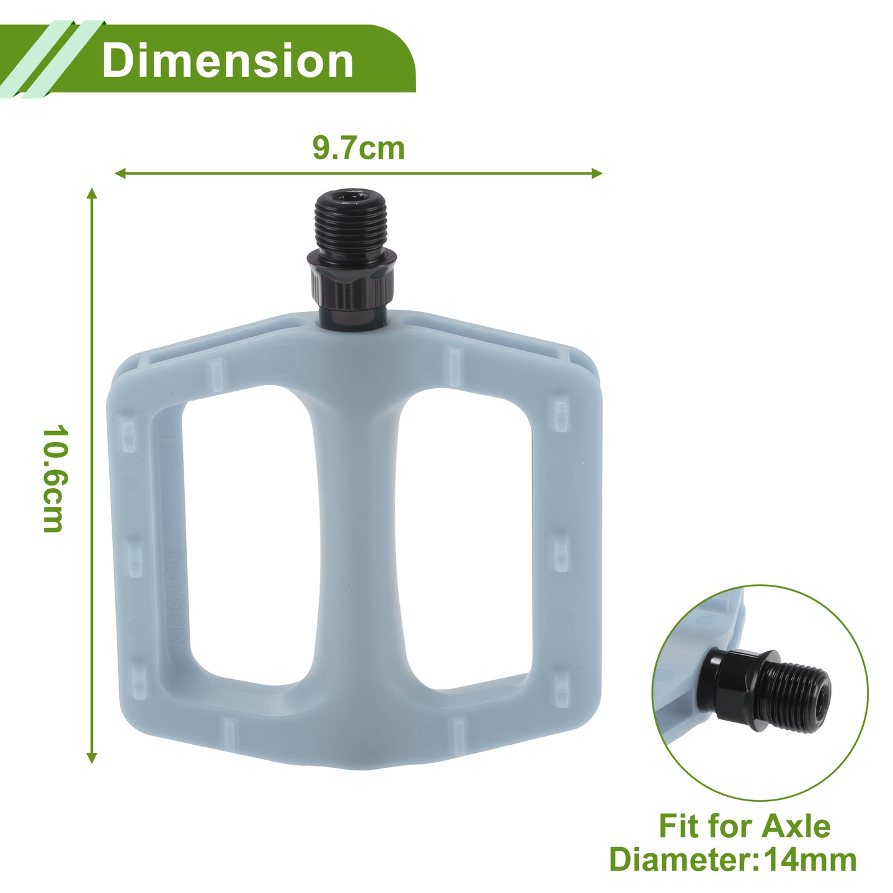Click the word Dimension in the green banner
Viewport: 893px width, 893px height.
[x=228, y=61]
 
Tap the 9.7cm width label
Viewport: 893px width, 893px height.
[x=358, y=148]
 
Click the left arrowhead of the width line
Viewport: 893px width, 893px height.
[x=120, y=174]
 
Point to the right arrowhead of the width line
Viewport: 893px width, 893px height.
[x=597, y=174]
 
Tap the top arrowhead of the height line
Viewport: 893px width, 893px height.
[x=92, y=193]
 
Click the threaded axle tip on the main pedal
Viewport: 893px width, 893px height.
[x=351, y=221]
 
